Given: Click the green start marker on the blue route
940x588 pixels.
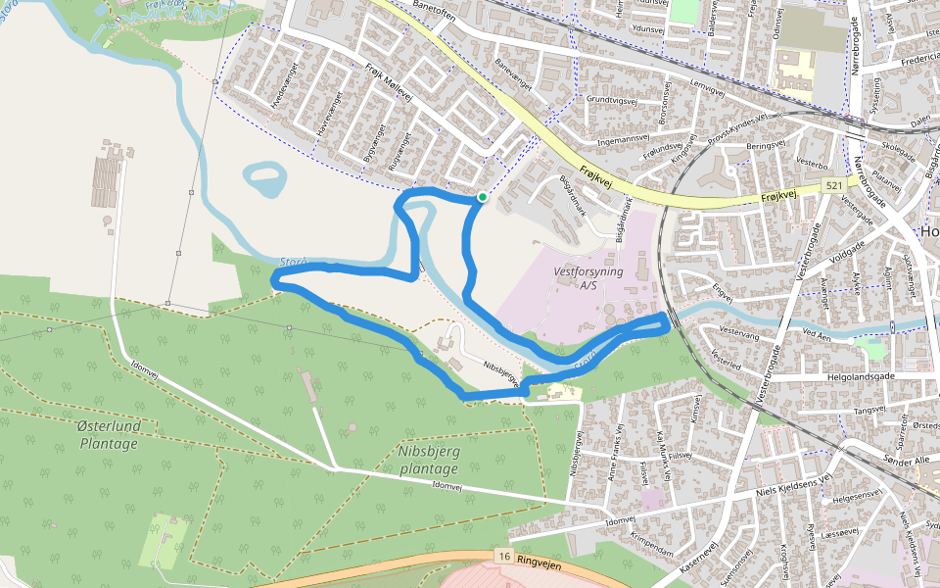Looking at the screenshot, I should click(482, 197).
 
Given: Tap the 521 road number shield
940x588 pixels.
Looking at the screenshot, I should click(834, 185).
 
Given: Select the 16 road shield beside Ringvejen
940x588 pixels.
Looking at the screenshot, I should click(504, 557).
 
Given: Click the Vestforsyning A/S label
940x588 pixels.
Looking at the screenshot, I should click(587, 279).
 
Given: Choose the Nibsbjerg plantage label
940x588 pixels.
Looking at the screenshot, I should click(429, 460).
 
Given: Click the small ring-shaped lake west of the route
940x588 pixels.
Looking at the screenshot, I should click(263, 180).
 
